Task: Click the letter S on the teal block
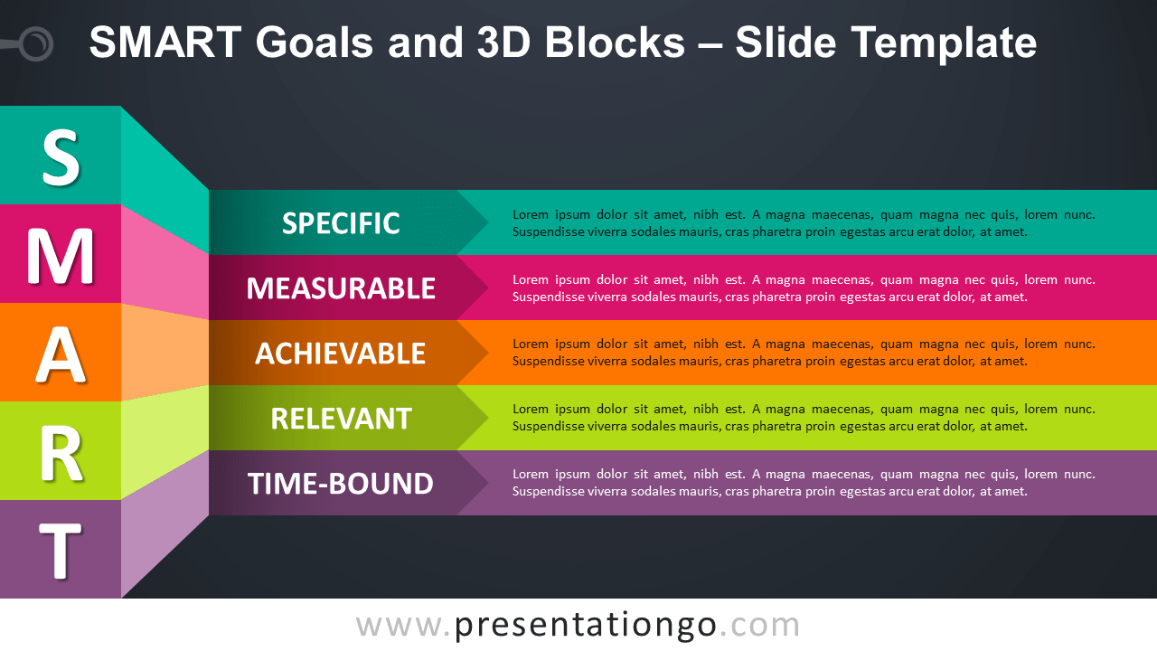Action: pyautogui.click(x=61, y=157)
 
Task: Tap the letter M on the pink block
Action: pyautogui.click(x=61, y=257)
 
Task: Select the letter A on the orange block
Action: pyautogui.click(x=61, y=355)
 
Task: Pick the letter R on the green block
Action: pyautogui.click(x=61, y=455)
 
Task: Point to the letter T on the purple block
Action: pyautogui.click(x=61, y=552)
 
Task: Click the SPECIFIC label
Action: pyautogui.click(x=341, y=223)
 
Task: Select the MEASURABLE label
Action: pyautogui.click(x=341, y=288)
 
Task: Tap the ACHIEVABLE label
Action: pyautogui.click(x=341, y=354)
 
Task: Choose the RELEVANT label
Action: pyautogui.click(x=341, y=419)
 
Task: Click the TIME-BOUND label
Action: pyautogui.click(x=341, y=484)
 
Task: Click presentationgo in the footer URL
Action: pyautogui.click(x=586, y=625)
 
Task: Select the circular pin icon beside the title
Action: pyautogui.click(x=36, y=42)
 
